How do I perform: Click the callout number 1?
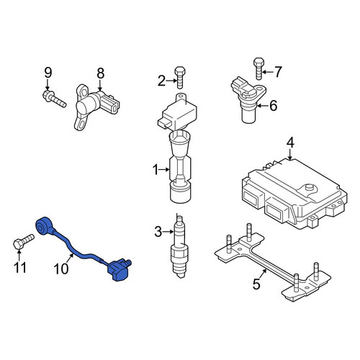(x=156, y=170)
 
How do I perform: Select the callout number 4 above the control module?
(x=290, y=143)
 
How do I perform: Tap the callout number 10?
(x=61, y=269)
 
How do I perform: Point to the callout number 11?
(x=20, y=267)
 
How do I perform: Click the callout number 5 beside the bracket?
(x=256, y=284)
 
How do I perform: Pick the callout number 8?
(x=101, y=73)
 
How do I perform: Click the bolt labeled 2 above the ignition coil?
(x=180, y=77)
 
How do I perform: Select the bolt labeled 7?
(x=258, y=68)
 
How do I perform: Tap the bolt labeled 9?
(x=54, y=99)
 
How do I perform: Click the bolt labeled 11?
(x=23, y=241)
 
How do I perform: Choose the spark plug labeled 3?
(x=179, y=246)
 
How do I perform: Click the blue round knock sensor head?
(x=43, y=225)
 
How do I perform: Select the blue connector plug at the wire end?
(x=120, y=269)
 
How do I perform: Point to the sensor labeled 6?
(x=248, y=99)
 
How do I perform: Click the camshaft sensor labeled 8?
(x=95, y=107)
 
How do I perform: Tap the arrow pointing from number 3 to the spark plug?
(x=168, y=232)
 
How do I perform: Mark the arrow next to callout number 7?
(x=267, y=71)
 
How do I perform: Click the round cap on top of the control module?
(x=309, y=187)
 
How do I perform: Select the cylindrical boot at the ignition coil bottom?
(x=181, y=192)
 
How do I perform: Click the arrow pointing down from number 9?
(x=48, y=84)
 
